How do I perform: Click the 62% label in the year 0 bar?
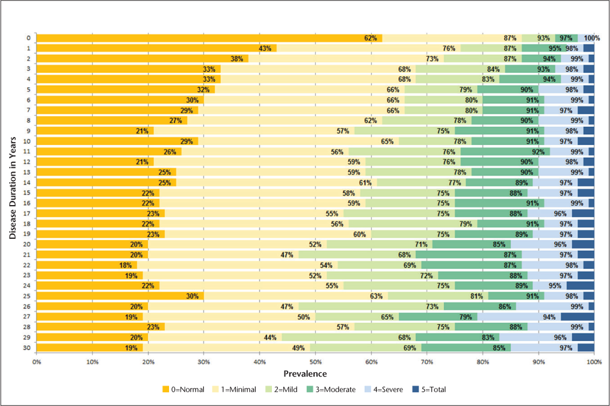click(371, 38)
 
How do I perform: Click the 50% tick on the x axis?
click(315, 361)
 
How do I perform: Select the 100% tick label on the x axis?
click(594, 361)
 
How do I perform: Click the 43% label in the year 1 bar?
click(265, 48)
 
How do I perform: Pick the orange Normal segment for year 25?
click(120, 296)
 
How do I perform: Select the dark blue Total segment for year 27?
click(578, 316)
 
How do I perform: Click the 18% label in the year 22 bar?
click(125, 265)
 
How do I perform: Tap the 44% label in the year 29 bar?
click(270, 337)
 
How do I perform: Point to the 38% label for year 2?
click(237, 59)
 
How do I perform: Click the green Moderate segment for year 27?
click(438, 316)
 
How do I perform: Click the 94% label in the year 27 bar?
click(549, 316)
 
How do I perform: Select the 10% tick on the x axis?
click(92, 361)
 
